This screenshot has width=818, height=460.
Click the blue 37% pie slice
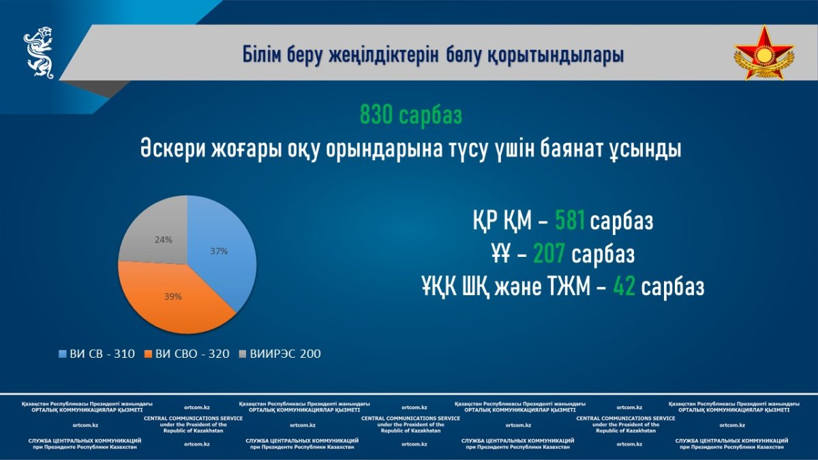tap(219, 252)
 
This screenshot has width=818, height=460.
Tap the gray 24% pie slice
tap(161, 237)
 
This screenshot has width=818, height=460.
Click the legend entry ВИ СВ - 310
tap(97, 354)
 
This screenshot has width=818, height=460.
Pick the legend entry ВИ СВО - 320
tap(187, 354)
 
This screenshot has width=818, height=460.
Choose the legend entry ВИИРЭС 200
tap(279, 354)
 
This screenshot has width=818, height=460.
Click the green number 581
tap(570, 221)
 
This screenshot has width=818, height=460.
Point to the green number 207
tap(549, 253)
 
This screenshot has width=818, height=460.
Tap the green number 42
tap(624, 286)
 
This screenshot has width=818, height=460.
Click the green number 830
tap(376, 114)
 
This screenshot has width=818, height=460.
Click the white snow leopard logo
tap(40, 52)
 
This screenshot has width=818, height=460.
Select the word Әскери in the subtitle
tap(172, 149)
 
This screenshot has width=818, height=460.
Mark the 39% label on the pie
tap(173, 297)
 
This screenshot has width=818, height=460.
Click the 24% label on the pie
tap(163, 240)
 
